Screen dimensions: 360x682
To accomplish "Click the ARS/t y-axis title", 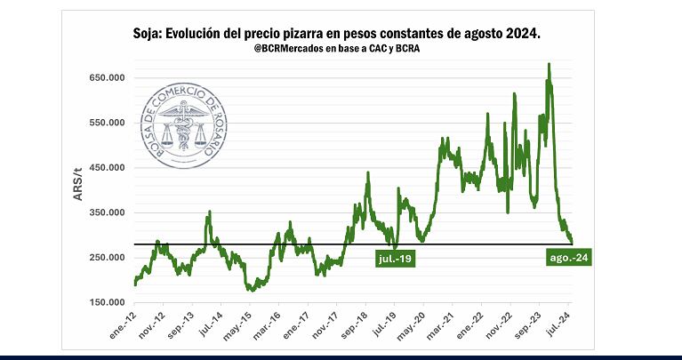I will (78, 190).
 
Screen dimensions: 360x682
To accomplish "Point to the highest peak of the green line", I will (549, 64).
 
